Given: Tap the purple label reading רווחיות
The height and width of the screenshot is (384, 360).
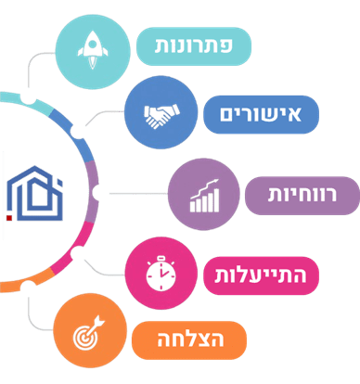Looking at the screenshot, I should click(301, 195).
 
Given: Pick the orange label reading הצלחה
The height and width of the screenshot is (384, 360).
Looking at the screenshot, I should click(190, 334).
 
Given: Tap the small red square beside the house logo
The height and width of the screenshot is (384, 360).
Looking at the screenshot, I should click(8, 218).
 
